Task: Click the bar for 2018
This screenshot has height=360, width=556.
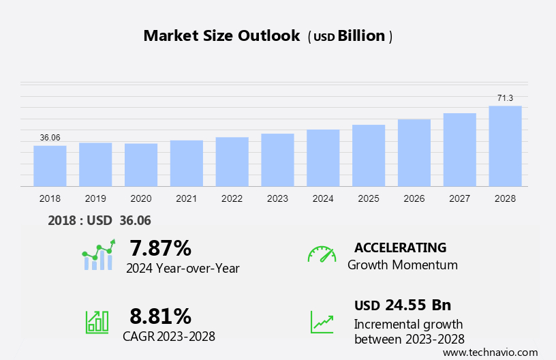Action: [50, 166]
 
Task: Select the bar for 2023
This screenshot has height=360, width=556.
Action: [277, 160]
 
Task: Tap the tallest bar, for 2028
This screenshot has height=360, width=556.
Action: [505, 146]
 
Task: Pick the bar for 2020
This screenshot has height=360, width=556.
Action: [141, 164]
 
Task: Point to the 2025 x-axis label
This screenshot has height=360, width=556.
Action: [369, 198]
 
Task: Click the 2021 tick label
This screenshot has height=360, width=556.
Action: [187, 198]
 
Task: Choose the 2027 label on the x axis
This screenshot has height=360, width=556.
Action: [460, 198]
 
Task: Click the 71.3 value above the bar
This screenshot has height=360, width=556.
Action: [505, 98]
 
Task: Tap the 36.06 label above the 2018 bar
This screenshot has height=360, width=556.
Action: [50, 138]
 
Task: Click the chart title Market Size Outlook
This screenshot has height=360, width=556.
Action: [221, 36]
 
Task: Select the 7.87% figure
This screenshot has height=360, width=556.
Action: [160, 247]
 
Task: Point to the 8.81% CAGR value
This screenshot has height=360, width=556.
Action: [160, 316]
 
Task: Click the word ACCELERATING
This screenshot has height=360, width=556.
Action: [400, 247]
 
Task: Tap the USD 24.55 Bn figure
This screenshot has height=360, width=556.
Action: [403, 305]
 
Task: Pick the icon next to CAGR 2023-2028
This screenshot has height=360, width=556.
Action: [97, 322]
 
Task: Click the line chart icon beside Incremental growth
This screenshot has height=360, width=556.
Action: [322, 322]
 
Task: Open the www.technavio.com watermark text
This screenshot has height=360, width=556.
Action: [490, 352]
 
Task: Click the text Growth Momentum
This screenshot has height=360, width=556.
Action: [402, 265]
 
